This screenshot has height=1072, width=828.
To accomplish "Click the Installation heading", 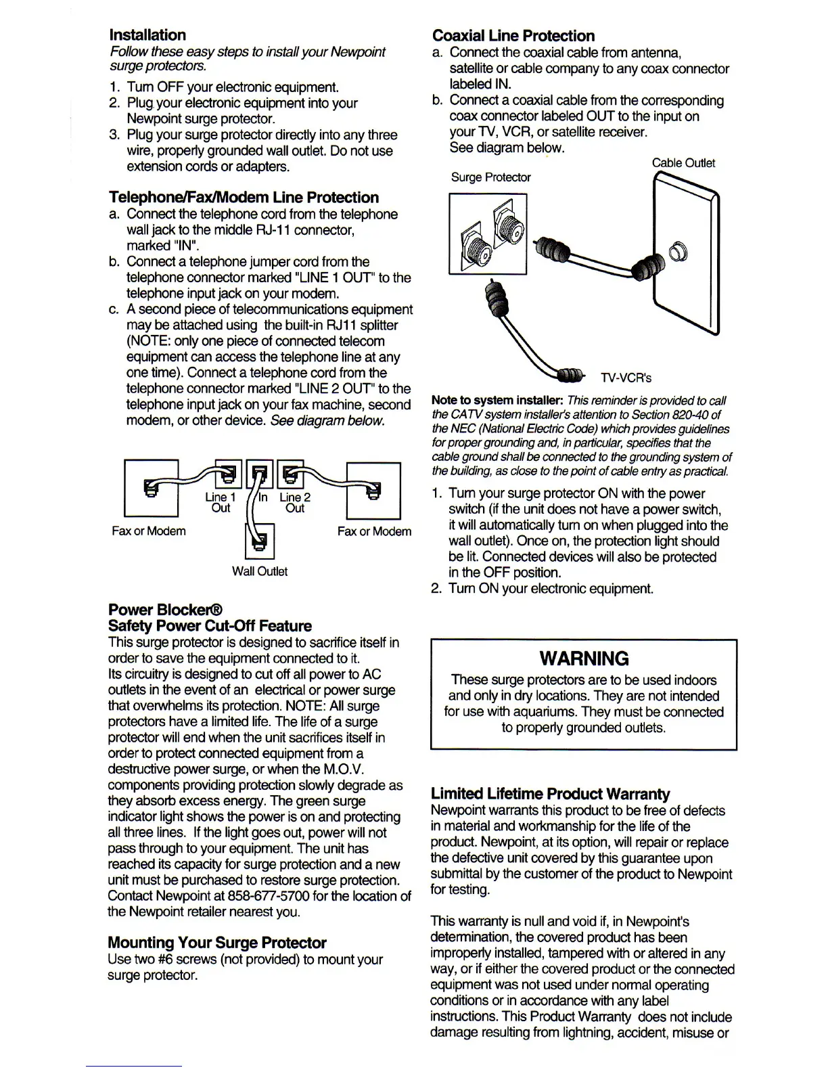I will [x=147, y=35].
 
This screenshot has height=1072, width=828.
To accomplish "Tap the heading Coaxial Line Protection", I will [x=513, y=36].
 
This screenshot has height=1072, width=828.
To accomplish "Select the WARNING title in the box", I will [x=584, y=658].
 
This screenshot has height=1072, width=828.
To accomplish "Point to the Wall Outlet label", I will [x=259, y=572].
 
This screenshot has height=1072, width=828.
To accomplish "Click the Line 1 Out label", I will [x=221, y=503].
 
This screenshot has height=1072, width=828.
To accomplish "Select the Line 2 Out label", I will [x=294, y=503].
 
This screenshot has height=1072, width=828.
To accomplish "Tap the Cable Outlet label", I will [x=683, y=163].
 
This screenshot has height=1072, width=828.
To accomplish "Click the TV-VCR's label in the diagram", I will [x=625, y=378].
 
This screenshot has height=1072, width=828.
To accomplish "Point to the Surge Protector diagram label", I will [x=490, y=177].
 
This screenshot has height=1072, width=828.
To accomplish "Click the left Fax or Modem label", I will [x=149, y=531].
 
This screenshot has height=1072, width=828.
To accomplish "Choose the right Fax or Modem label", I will [x=374, y=531].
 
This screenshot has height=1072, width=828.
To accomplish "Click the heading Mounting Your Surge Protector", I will [x=216, y=943].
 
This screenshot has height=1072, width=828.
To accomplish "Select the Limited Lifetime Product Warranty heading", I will [x=550, y=794].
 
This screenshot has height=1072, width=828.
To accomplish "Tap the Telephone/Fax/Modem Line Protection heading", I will [x=244, y=198].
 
